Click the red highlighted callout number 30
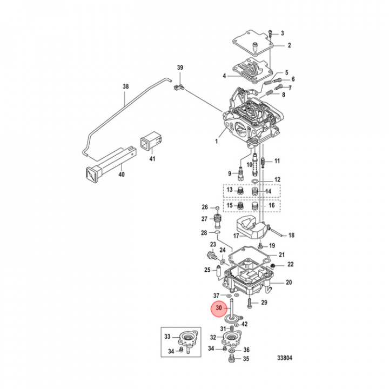[x=219, y=308]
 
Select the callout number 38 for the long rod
[x=126, y=86]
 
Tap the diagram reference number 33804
[x=286, y=357]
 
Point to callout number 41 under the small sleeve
[x=152, y=158]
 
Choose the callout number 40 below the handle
[x=122, y=175]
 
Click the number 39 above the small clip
[x=181, y=68]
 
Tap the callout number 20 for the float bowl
[x=289, y=282]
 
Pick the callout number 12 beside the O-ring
[x=277, y=179]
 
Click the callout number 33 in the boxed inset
[x=167, y=337]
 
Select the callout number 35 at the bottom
[x=246, y=358]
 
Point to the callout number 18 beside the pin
[x=291, y=235]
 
